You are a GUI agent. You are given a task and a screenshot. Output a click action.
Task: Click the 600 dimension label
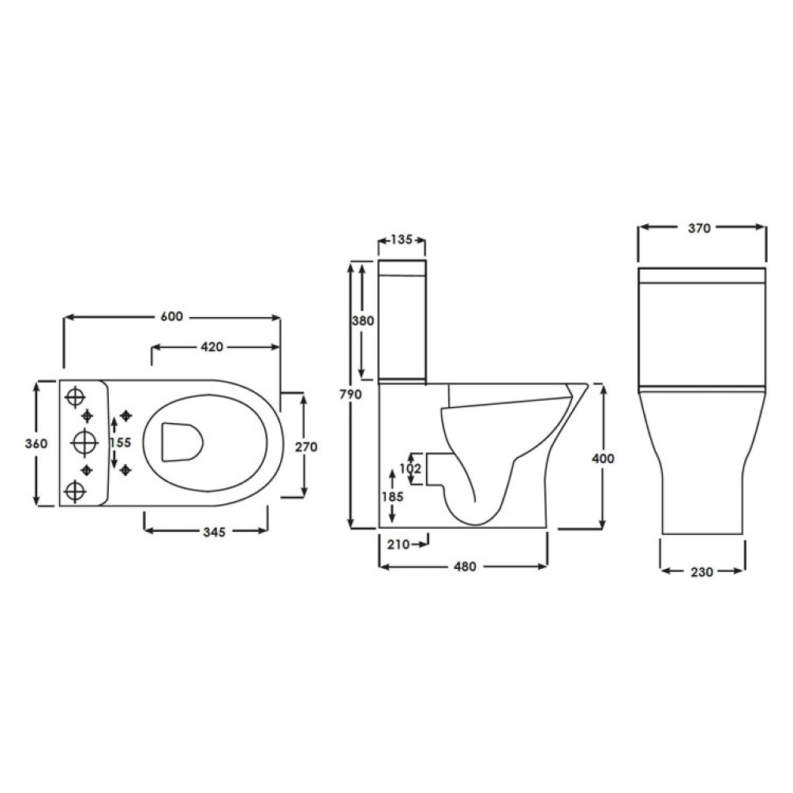point(171,316)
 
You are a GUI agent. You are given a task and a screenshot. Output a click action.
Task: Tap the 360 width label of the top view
point(36,443)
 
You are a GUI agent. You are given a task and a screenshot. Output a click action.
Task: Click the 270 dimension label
point(305,447)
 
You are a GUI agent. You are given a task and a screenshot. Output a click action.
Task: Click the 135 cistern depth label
point(402,240)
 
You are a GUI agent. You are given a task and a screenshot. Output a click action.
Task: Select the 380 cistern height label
point(363,321)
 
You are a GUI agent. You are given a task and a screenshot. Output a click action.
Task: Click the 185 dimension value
point(393,496)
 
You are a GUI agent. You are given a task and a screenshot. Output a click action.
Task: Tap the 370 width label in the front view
point(700,229)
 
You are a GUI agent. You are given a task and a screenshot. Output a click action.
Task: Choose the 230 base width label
point(701,571)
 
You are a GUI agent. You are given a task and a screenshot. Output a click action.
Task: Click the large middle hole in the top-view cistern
point(84,443)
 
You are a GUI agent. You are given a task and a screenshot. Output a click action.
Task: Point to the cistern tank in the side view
point(402,324)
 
